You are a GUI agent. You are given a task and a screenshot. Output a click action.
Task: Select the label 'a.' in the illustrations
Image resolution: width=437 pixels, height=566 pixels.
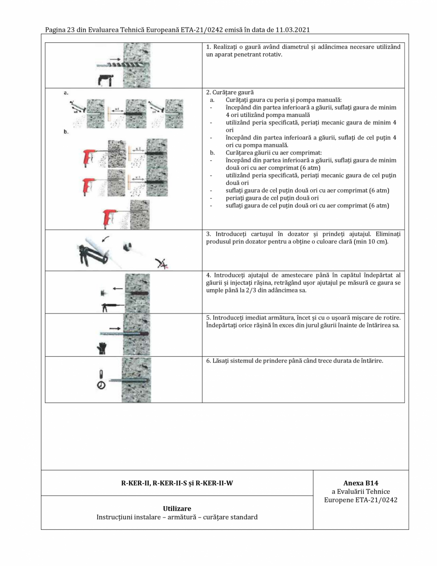(x=66, y=94)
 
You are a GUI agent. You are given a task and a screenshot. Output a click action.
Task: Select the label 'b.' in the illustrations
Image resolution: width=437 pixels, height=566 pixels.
(x=66, y=133)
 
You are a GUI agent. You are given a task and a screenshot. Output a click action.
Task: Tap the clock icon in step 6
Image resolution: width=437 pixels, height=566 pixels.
(x=101, y=387)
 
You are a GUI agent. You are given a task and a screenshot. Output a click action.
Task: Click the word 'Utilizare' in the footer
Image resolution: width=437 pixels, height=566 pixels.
(x=177, y=508)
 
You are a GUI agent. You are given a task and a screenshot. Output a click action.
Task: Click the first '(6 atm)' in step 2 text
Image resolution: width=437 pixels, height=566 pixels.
(x=311, y=167)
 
